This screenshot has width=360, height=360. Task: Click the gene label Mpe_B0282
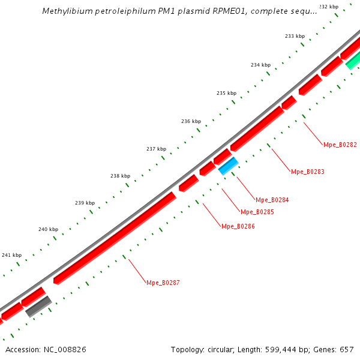pyautogui.click(x=340, y=145)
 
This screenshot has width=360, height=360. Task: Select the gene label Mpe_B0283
pyautogui.click(x=307, y=172)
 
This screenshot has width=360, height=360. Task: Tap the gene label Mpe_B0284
pyautogui.click(x=272, y=200)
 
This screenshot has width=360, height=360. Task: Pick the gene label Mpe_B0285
pyautogui.click(x=257, y=212)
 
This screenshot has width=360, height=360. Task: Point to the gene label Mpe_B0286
pyautogui.click(x=238, y=226)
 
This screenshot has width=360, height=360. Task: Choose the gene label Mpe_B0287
pyautogui.click(x=163, y=282)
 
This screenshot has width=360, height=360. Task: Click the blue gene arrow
pyautogui.click(x=229, y=166)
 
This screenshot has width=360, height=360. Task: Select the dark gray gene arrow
pyautogui.click(x=38, y=306)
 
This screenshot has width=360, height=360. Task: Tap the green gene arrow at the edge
pyautogui.click(x=353, y=60)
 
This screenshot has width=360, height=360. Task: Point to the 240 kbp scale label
pyautogui.click(x=48, y=229)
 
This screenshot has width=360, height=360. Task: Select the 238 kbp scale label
pyautogui.click(x=120, y=176)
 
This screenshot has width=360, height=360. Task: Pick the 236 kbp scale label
pyautogui.click(x=191, y=121)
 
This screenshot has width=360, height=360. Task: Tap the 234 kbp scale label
pyautogui.click(x=260, y=65)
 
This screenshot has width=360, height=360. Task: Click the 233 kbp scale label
pyautogui.click(x=295, y=36)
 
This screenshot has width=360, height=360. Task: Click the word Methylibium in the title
pyautogui.click(x=67, y=11)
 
